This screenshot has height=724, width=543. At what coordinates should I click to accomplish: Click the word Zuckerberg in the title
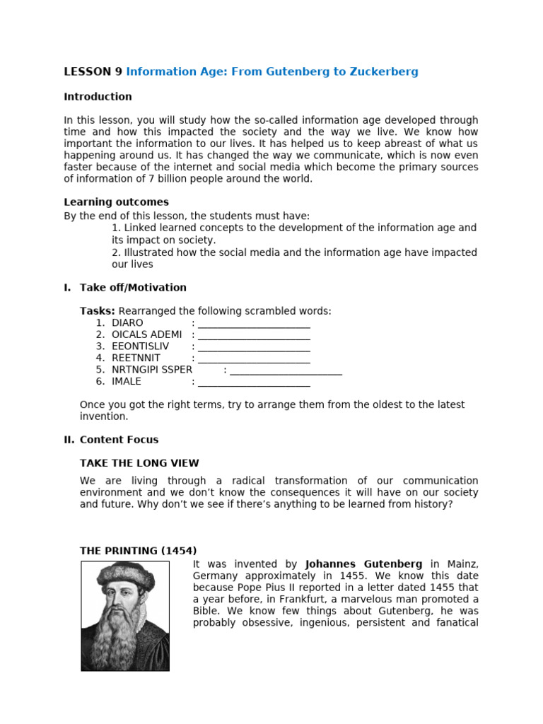385,71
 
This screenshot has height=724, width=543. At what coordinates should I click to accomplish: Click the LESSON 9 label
93,71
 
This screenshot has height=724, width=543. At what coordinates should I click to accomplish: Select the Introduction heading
98,97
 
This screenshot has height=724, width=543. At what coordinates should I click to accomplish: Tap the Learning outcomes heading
116,202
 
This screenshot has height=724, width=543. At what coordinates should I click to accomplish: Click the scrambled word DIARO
127,323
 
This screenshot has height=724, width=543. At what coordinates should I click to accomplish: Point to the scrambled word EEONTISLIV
140,346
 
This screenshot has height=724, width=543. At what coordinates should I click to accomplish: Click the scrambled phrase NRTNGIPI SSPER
152,370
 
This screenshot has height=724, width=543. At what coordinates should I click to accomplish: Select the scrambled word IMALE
127,382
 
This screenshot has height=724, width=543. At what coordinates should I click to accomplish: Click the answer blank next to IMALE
254,383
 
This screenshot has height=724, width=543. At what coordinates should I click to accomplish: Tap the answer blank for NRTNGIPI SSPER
286,370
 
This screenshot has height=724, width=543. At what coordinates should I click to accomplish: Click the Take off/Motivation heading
133,288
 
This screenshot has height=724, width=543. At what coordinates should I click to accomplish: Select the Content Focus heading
119,440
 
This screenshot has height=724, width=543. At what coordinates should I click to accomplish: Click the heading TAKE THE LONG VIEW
139,464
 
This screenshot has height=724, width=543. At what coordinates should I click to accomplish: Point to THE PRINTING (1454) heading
138,551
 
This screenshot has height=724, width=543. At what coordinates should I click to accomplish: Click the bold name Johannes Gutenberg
363,564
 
